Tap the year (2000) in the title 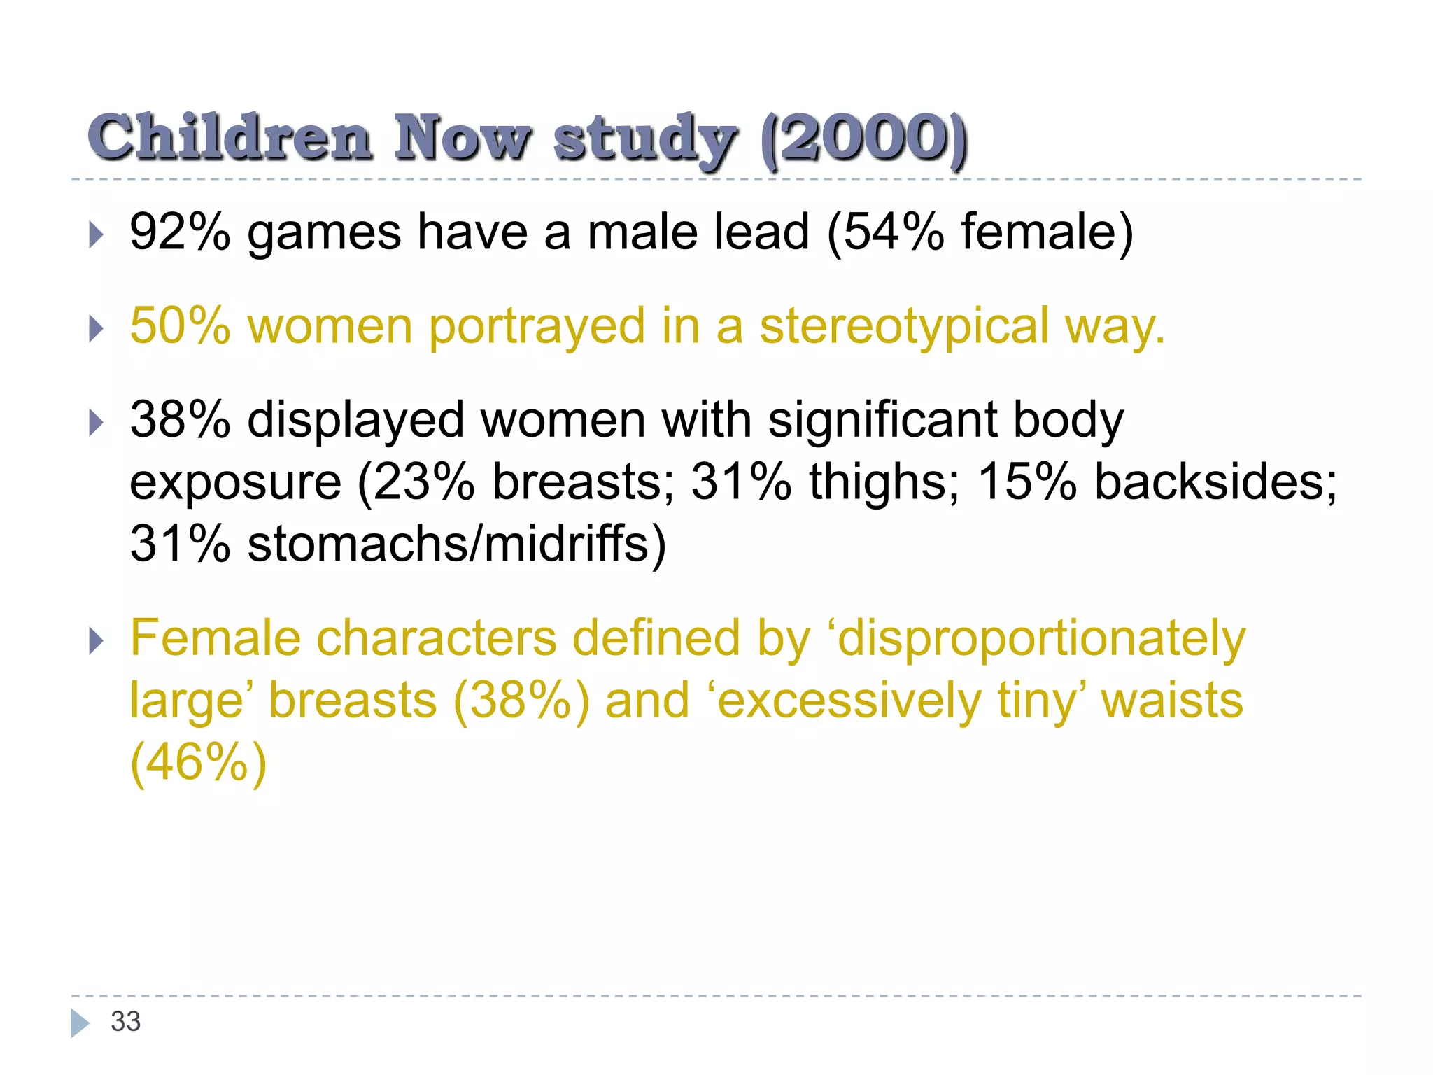tap(865, 139)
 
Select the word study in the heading tap(644, 140)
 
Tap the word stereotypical tap(904, 327)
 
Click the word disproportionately tap(1041, 639)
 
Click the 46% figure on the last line tap(198, 762)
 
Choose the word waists tap(1172, 701)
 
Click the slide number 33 tap(126, 1022)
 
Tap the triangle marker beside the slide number tap(80, 1023)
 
